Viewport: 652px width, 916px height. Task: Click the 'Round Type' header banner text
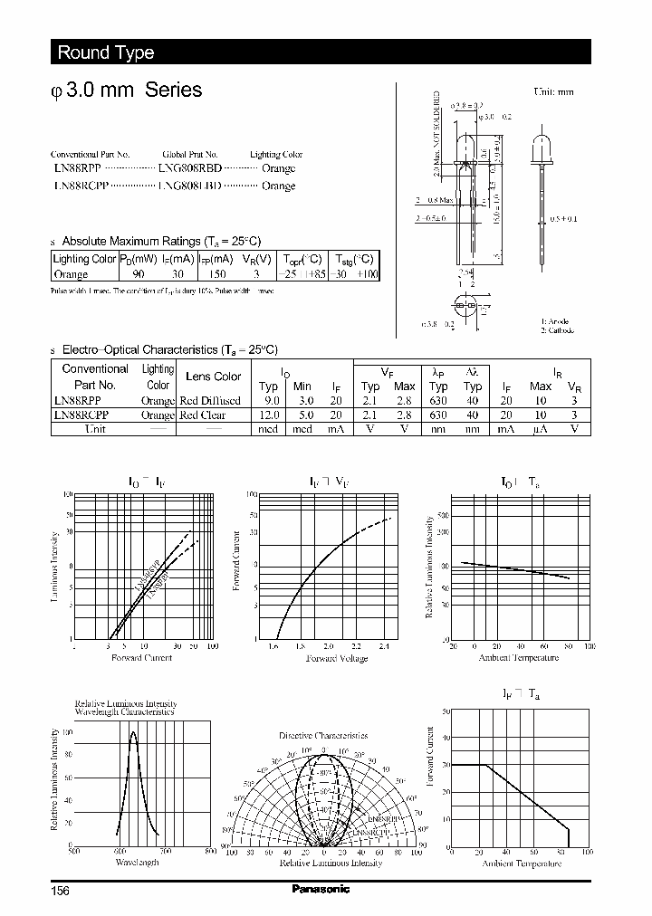pyautogui.click(x=106, y=52)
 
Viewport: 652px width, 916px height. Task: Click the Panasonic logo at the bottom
pyautogui.click(x=321, y=889)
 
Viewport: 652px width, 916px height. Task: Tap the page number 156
pyautogui.click(x=59, y=890)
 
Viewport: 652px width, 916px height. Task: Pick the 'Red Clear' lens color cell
pyautogui.click(x=203, y=415)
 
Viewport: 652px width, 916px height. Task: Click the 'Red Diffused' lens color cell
pyautogui.click(x=210, y=400)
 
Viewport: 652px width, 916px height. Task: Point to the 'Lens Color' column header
pyautogui.click(x=214, y=377)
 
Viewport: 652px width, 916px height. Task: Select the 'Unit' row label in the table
pyautogui.click(x=95, y=429)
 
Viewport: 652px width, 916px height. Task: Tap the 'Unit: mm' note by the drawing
pyautogui.click(x=553, y=91)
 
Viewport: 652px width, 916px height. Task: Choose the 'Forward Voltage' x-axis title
pyautogui.click(x=337, y=658)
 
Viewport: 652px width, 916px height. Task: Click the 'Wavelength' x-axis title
pyautogui.click(x=137, y=863)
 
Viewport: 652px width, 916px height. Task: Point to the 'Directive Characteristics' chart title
pyautogui.click(x=323, y=736)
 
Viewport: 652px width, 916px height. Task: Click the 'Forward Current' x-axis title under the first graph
pyautogui.click(x=141, y=658)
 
